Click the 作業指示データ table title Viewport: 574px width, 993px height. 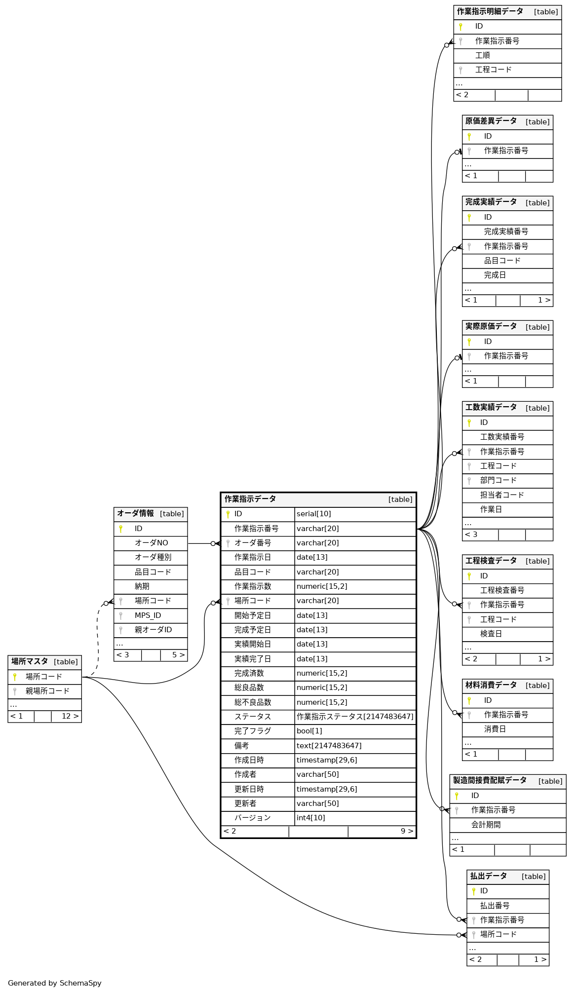[250, 499]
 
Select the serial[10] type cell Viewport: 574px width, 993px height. [314, 514]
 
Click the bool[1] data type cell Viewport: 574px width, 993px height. [309, 731]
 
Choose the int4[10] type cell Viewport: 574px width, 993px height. [311, 818]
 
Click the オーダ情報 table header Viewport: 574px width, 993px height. [135, 513]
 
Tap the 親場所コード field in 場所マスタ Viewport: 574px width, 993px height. [47, 691]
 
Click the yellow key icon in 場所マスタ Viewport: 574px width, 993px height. [15, 677]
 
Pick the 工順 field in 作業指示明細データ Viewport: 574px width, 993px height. [483, 55]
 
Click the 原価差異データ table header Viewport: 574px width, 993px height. [491, 121]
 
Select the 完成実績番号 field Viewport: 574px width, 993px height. [506, 231]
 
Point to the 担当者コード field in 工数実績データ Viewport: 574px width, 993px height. [502, 495]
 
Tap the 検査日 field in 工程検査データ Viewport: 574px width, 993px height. [491, 634]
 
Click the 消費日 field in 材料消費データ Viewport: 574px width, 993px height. [495, 729]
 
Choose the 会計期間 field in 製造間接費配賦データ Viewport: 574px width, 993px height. [486, 825]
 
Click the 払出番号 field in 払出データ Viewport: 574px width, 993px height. [495, 906]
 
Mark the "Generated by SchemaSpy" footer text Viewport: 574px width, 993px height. [55, 983]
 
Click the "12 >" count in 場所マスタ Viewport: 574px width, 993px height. [70, 716]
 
